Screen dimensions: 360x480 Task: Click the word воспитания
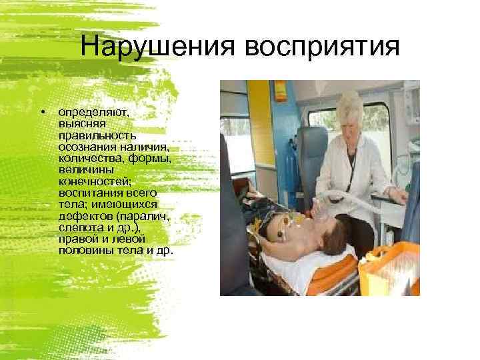click(x=86, y=191)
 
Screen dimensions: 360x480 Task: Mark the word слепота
click(x=78, y=227)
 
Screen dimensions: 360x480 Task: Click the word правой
click(x=77, y=238)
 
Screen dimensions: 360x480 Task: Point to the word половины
click(x=84, y=249)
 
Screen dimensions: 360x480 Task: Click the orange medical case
click(x=389, y=267)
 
